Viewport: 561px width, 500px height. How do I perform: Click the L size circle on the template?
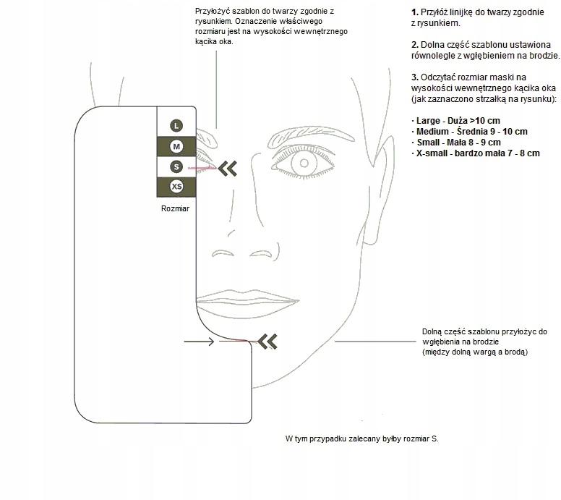(176, 125)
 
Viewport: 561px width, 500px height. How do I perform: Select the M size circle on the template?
(176, 146)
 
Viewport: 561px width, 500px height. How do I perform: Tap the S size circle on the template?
(176, 167)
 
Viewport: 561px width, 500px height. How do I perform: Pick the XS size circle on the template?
(176, 187)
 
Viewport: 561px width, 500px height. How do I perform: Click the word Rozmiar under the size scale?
(176, 209)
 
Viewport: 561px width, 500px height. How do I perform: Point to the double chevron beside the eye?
(228, 168)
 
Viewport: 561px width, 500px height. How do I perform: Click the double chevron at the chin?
(267, 339)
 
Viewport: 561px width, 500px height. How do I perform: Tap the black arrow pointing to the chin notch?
(199, 340)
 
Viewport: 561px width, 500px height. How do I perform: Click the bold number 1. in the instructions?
(414, 13)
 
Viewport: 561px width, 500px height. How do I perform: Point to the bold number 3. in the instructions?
(414, 77)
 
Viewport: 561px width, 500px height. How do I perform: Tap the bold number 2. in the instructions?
(414, 45)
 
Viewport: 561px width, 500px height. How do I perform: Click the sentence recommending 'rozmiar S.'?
(361, 439)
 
